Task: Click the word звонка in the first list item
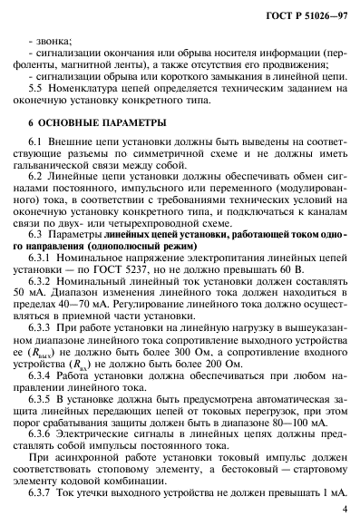(53, 42)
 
